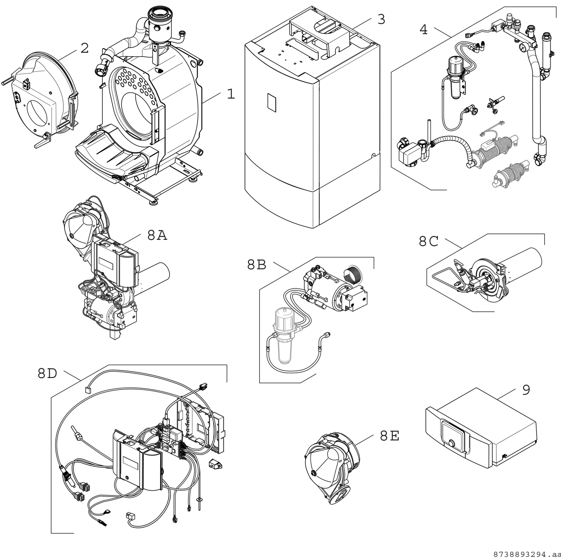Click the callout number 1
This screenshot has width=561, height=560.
[x=231, y=94]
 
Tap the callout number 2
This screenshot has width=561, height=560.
[x=85, y=48]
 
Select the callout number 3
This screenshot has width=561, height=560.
[x=381, y=19]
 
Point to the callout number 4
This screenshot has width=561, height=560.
[x=423, y=30]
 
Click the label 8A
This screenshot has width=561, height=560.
[x=157, y=236]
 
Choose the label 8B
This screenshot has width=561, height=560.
[x=257, y=265]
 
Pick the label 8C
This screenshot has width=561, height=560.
[x=428, y=241]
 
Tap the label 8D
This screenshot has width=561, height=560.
[x=47, y=373]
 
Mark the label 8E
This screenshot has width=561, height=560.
[x=389, y=436]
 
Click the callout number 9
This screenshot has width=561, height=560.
[x=526, y=390]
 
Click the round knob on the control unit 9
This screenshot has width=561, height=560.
[x=452, y=443]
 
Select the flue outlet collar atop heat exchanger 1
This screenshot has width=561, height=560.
[x=159, y=15]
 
